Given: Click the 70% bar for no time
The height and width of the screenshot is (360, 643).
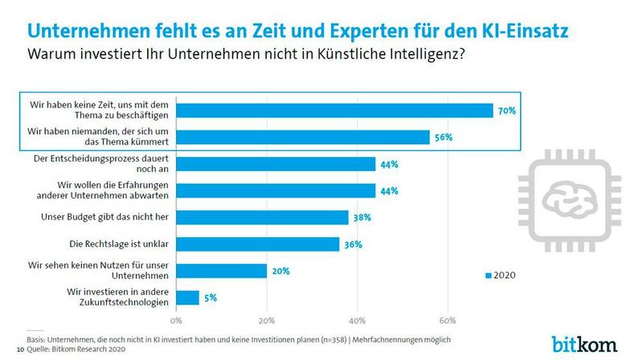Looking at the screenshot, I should click(x=334, y=111).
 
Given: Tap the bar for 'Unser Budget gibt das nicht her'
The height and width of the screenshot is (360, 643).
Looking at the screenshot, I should click(x=262, y=217).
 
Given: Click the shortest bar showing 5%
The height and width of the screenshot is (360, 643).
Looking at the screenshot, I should click(x=187, y=297).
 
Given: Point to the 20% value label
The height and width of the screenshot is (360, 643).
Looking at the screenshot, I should click(x=279, y=271).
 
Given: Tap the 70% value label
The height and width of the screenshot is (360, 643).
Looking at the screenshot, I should click(x=506, y=111).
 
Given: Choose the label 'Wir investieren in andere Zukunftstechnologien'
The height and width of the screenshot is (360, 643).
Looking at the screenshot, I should click(x=117, y=297).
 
